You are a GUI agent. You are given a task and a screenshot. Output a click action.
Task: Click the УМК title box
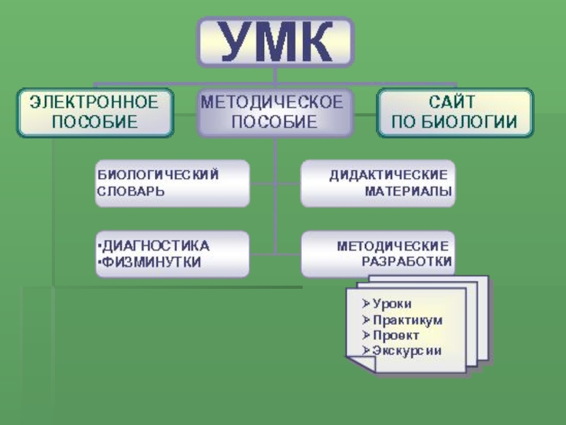[275, 42]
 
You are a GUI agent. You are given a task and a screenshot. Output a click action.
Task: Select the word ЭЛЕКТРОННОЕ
[94, 101]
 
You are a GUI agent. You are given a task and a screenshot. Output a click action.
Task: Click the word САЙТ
[454, 101]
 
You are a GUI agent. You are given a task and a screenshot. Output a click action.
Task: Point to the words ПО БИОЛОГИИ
[454, 122]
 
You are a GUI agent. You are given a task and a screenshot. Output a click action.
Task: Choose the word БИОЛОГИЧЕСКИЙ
[158, 174]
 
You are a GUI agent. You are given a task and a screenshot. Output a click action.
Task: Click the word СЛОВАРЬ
[131, 191]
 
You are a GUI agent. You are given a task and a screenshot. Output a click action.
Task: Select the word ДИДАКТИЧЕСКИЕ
[388, 174]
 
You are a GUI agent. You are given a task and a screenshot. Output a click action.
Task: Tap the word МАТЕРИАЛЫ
[408, 191]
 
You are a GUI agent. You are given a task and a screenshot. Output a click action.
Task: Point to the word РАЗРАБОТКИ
[407, 262]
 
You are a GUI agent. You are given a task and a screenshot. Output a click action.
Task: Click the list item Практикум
[407, 319]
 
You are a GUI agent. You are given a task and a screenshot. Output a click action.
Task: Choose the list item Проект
[395, 335]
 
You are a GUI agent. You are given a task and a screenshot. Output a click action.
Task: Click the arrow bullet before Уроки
[365, 304]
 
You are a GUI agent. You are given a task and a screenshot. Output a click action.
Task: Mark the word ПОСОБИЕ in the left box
[94, 122]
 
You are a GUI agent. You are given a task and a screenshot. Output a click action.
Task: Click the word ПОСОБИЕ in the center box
[274, 122]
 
